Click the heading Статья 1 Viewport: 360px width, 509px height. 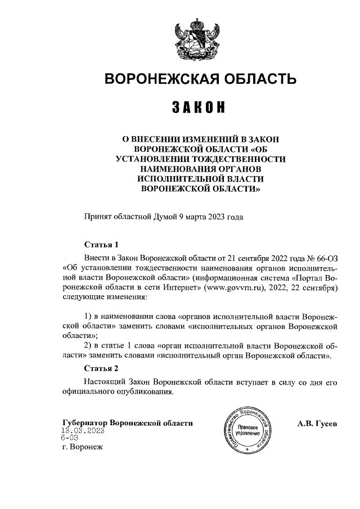coord(101,245)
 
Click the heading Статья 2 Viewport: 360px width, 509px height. coord(101,369)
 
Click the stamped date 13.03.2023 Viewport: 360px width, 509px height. coord(83,431)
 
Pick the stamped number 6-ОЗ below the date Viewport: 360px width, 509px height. coord(70,439)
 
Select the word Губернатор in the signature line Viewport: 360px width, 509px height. coord(85,423)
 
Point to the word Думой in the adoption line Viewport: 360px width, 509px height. coord(165,215)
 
